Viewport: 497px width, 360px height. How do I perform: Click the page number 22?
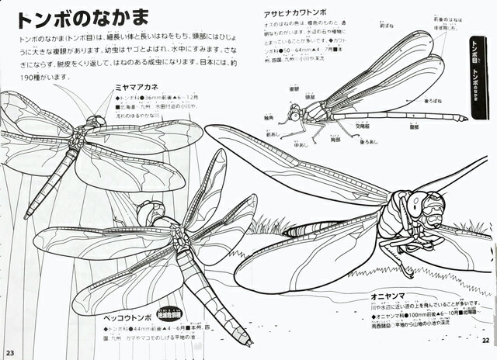(486, 339)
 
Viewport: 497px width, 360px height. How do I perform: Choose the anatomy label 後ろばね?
(433, 102)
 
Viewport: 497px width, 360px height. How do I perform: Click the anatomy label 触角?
(269, 118)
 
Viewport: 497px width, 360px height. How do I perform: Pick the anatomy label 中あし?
(301, 144)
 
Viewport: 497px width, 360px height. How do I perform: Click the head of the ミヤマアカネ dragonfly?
(96, 122)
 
